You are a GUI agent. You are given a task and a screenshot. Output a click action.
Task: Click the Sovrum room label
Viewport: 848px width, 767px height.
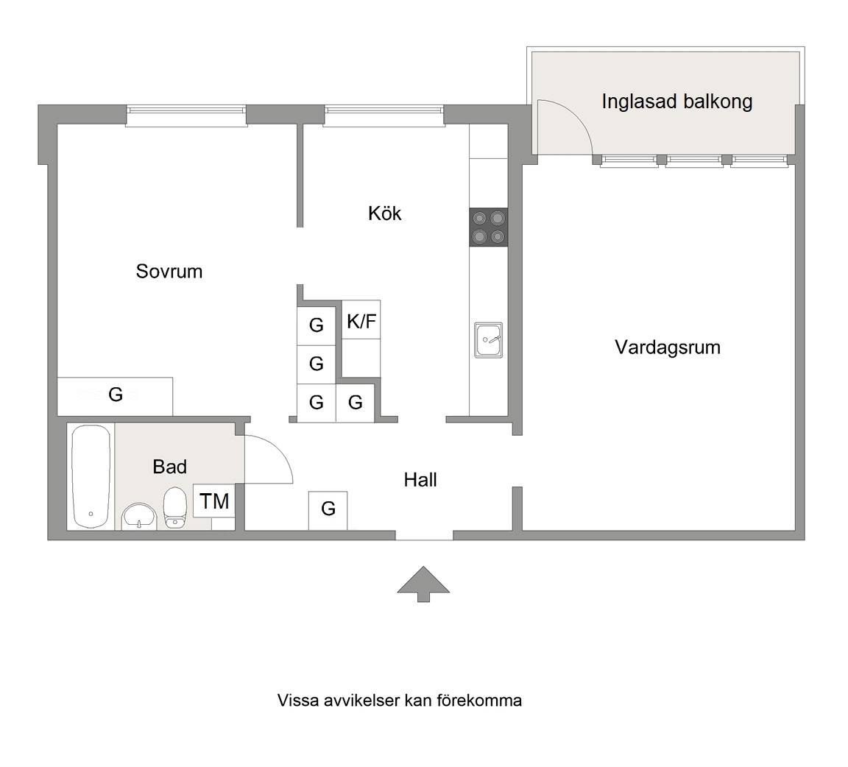169,271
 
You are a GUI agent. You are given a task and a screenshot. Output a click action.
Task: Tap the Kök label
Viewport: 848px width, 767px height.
384,213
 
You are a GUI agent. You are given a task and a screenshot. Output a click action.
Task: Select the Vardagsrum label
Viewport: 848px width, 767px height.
668,347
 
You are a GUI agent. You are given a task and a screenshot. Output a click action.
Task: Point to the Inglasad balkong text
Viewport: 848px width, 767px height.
677,102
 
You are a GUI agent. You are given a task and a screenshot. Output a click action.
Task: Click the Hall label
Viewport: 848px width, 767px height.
420,480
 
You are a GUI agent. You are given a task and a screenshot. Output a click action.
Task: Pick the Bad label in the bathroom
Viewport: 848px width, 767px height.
170,467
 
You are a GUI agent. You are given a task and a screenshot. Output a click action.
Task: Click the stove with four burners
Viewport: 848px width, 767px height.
488,227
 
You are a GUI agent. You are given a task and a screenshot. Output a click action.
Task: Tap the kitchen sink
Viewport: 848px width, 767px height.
488,340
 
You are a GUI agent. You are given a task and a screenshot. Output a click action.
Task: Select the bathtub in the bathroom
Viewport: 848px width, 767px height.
91,476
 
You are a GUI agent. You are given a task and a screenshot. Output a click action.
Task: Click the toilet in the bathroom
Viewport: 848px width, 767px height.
174,507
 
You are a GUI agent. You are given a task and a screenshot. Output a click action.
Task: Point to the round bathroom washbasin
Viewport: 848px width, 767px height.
139,517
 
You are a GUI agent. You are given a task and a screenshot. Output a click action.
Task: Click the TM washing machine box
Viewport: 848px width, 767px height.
214,501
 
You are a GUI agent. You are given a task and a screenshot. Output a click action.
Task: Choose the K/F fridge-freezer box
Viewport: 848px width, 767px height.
361,320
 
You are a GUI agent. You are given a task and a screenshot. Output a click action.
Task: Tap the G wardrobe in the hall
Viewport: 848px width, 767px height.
328,510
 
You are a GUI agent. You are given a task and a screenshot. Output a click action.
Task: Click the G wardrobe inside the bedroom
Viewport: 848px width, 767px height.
115,397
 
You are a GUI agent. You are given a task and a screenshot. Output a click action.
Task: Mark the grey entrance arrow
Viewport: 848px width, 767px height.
423,584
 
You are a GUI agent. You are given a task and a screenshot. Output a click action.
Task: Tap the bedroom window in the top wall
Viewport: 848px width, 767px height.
186,116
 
